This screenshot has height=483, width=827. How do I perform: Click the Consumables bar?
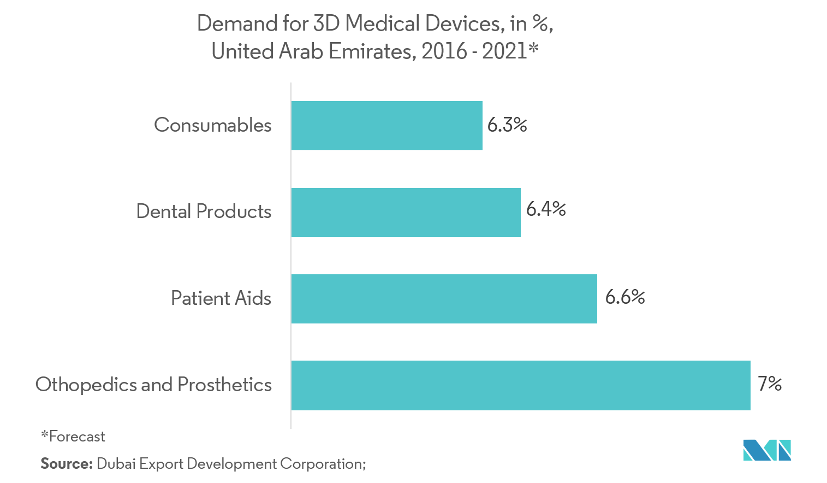[x=386, y=126]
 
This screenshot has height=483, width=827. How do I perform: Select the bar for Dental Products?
[x=406, y=213]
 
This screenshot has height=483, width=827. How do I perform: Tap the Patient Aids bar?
[x=444, y=299]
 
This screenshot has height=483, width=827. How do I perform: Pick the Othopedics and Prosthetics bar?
[x=520, y=385]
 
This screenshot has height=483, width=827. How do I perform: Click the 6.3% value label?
[x=507, y=125]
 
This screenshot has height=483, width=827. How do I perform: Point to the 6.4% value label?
[x=546, y=209]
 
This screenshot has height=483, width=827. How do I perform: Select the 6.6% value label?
[x=625, y=297]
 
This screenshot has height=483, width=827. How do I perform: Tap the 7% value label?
[x=770, y=384]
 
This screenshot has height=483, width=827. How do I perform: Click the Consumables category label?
[x=213, y=125]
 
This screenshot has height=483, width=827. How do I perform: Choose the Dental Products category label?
[x=204, y=211]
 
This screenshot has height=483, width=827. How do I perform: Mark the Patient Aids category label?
[x=221, y=298]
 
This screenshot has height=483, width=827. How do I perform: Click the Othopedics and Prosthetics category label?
[x=153, y=385]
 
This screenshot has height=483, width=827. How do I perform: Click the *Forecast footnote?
[x=73, y=437]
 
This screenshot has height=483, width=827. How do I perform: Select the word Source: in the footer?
[x=66, y=464]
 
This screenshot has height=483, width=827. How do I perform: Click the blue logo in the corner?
[x=766, y=449]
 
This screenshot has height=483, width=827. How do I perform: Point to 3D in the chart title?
[x=326, y=24]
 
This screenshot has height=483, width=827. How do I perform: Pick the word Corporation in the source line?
[x=323, y=464]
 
